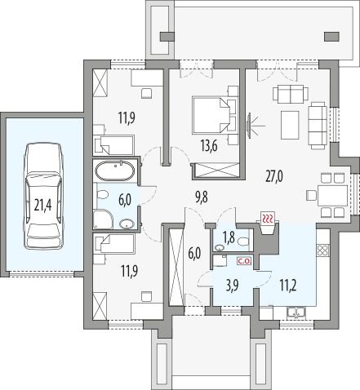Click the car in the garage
[43, 197]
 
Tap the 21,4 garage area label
[43, 205]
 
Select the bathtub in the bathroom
[114, 171]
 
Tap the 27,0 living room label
[274, 176]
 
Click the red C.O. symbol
[245, 262]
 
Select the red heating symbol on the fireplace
[269, 218]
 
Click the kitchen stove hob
[323, 250]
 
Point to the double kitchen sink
[296, 313]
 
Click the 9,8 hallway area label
[202, 197]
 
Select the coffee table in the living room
[290, 125]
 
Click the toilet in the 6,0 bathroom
[101, 195]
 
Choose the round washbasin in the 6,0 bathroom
[127, 224]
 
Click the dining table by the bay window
[332, 195]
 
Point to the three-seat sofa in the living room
[318, 126]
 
